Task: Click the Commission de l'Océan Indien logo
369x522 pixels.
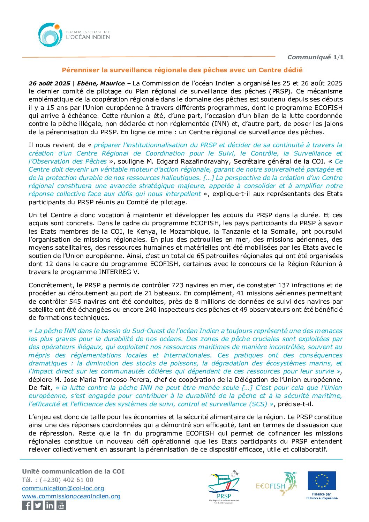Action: tap(74, 35)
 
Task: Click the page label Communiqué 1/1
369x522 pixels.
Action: tap(315, 57)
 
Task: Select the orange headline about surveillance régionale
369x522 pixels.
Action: tap(182, 70)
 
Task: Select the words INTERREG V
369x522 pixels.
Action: tap(119, 272)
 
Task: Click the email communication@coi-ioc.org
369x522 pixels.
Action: tap(63, 488)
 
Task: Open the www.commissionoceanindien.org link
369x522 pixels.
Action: tap(71, 496)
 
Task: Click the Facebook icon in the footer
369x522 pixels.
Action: tap(27, 505)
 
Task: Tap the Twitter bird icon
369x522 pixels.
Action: tap(38, 505)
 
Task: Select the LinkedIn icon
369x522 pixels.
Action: tap(50, 505)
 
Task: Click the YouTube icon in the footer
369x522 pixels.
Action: tap(61, 505)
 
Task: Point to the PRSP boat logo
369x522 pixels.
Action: tap(224, 486)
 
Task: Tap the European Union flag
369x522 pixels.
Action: tap(322, 481)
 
